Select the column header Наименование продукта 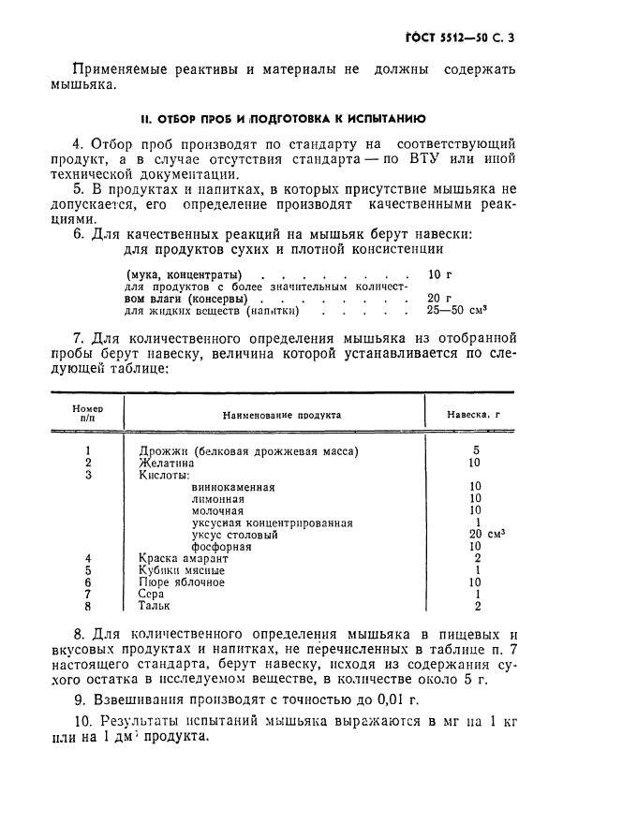pyautogui.click(x=281, y=414)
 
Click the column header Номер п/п pyautogui.click(x=87, y=414)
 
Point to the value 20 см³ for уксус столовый pyautogui.click(x=486, y=534)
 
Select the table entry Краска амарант pyautogui.click(x=183, y=558)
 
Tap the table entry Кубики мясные pyautogui.click(x=181, y=570)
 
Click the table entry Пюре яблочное pyautogui.click(x=181, y=582)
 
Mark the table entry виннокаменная pyautogui.click(x=232, y=487)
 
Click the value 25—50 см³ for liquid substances pyautogui.click(x=457, y=310)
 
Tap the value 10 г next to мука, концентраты pyautogui.click(x=438, y=274)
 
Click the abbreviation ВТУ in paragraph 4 pyautogui.click(x=454, y=159)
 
